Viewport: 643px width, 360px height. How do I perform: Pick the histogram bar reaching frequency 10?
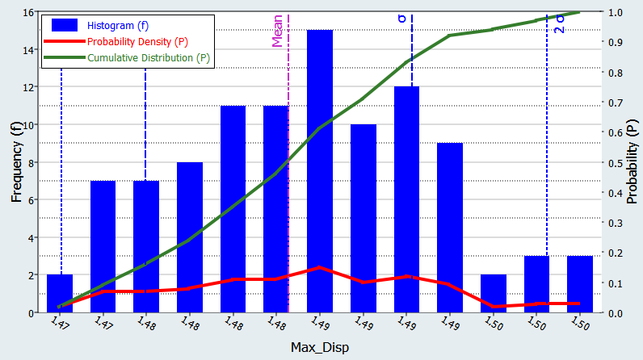[x=363, y=218]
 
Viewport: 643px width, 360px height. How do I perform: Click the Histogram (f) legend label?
[x=124, y=26]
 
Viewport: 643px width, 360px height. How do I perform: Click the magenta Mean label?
[x=278, y=33]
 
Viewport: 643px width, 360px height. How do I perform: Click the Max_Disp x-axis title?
[x=321, y=346]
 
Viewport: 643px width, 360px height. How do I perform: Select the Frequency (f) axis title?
[x=15, y=162]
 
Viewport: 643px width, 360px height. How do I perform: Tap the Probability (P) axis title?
[x=632, y=162]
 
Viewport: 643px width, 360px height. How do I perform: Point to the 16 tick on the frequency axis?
[x=27, y=13]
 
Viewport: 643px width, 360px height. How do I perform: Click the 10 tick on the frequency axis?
[x=27, y=125]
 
